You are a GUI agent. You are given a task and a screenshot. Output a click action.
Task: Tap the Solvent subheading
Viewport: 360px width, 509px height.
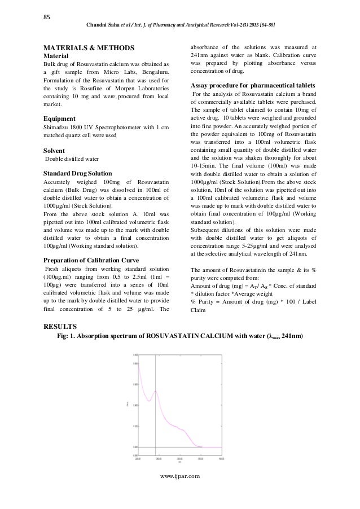click(56, 151)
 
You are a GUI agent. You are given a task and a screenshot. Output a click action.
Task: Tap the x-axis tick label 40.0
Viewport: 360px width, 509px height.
click(221, 459)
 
